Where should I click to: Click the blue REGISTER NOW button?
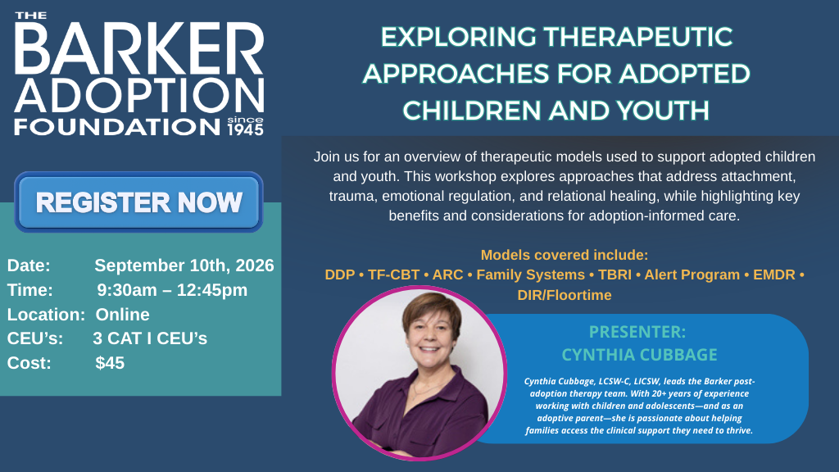pyautogui.click(x=138, y=202)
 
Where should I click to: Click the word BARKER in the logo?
pyautogui.click(x=138, y=52)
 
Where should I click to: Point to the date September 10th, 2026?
pyautogui.click(x=184, y=265)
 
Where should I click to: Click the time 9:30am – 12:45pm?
pyautogui.click(x=172, y=290)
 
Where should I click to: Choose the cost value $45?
pyautogui.click(x=110, y=362)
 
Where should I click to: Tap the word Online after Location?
pyautogui.click(x=123, y=314)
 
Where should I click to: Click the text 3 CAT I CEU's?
pyautogui.click(x=150, y=338)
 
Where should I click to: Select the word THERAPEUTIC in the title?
pyautogui.click(x=638, y=37)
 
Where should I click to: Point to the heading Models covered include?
pyautogui.click(x=565, y=255)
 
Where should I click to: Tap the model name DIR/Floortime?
pyautogui.click(x=565, y=295)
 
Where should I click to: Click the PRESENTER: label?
pyautogui.click(x=637, y=333)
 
